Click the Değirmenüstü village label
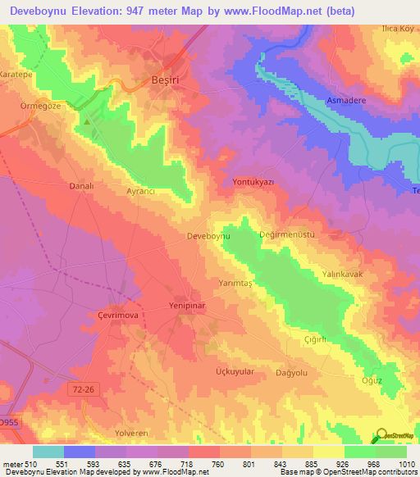tap(287, 234)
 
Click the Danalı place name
tap(82, 186)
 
